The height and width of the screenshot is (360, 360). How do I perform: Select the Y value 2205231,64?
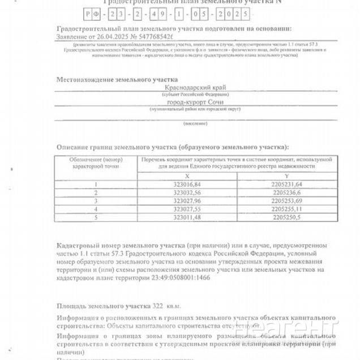point(288,185)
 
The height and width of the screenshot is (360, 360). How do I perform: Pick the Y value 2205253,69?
point(288,200)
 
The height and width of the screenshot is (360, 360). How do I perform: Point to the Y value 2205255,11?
point(288,208)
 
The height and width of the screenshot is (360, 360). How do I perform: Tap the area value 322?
point(157,306)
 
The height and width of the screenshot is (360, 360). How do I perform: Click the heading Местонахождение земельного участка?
point(117,80)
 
